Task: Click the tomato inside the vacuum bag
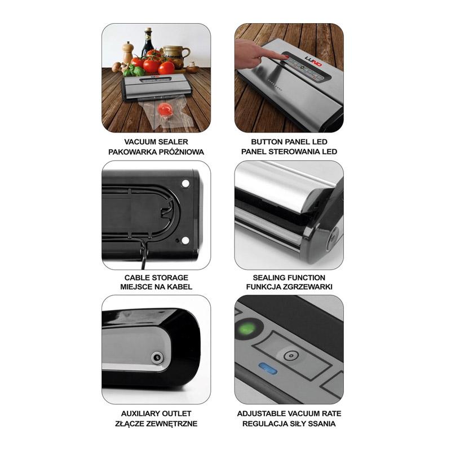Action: click(165, 109)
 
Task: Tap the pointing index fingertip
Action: click(285, 57)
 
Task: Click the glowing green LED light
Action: click(247, 329)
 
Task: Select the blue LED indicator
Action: click(268, 368)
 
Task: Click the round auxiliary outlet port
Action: click(157, 357)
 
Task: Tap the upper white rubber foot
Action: click(185, 183)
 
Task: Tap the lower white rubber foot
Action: click(185, 240)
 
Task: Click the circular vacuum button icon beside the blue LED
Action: click(291, 356)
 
